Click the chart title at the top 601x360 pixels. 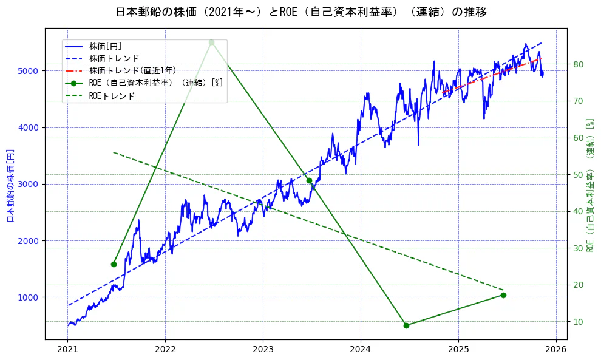[x=300, y=12]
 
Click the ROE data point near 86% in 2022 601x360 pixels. [x=211, y=42]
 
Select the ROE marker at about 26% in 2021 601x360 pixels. [x=114, y=264]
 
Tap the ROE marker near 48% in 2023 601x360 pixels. [x=309, y=180]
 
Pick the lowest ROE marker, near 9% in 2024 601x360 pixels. [x=406, y=325]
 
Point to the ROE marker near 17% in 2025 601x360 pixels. [x=503, y=295]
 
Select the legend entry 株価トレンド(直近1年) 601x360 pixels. [x=132, y=70]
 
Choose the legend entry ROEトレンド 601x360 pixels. [x=112, y=96]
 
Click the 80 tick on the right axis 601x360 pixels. [x=578, y=64]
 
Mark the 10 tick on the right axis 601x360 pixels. [x=578, y=322]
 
